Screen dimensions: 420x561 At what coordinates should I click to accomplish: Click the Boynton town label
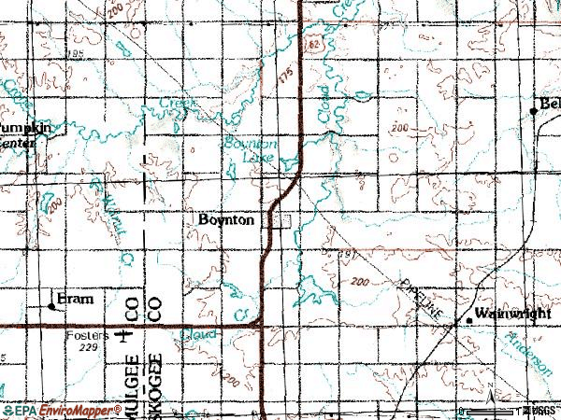click(x=227, y=220)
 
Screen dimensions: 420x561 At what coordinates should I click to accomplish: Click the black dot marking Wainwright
click(x=469, y=321)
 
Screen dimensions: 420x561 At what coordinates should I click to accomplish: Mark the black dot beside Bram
click(x=51, y=305)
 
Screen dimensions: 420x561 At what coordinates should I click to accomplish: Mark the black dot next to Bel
click(x=534, y=110)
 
